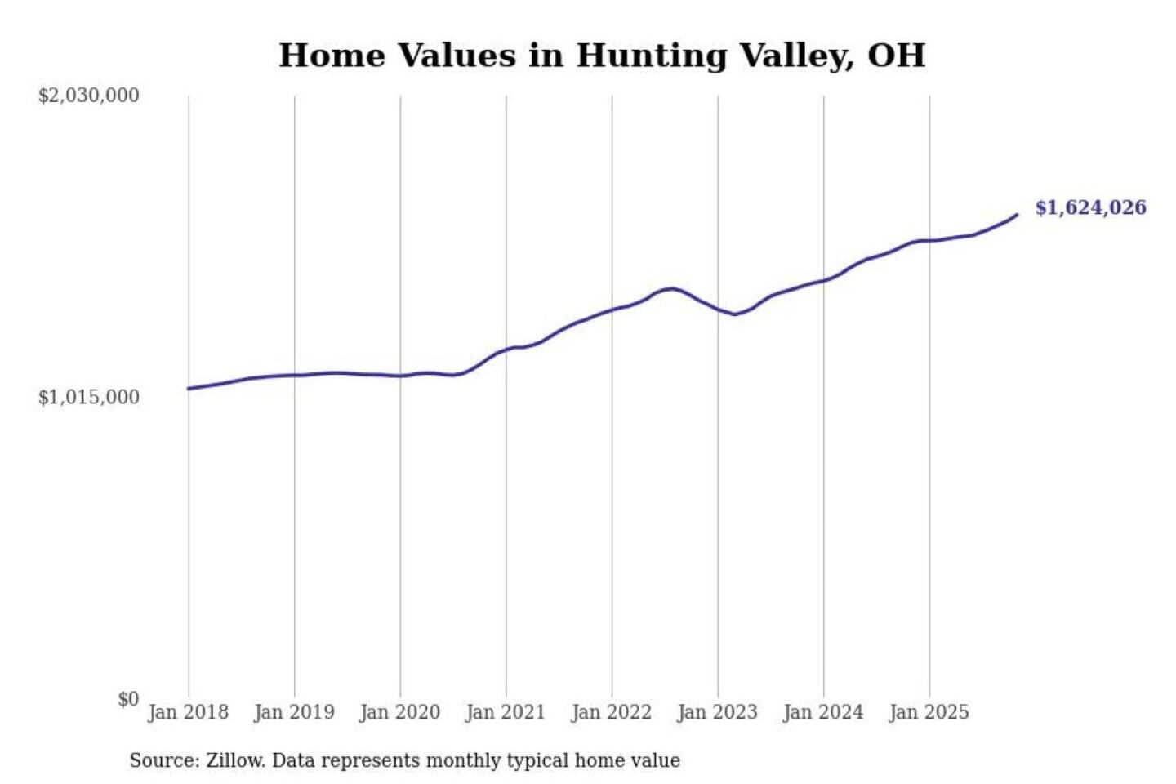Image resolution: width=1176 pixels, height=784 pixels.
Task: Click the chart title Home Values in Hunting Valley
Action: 602,56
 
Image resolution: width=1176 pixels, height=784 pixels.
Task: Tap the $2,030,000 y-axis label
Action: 88,96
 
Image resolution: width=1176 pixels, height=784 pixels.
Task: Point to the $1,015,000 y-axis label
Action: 88,398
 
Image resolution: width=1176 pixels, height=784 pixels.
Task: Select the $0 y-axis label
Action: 128,699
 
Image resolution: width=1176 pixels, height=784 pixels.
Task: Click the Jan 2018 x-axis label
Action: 188,712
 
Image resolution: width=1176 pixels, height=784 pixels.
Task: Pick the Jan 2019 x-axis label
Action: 294,712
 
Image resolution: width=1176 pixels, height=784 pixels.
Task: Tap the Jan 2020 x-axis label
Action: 399,712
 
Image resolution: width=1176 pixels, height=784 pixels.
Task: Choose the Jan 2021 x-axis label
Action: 505,712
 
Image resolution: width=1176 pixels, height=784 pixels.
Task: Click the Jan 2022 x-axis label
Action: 611,712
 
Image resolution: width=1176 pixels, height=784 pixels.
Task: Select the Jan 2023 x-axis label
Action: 717,712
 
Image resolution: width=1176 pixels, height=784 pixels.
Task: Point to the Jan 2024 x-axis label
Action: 822,712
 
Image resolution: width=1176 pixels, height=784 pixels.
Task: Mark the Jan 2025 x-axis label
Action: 929,712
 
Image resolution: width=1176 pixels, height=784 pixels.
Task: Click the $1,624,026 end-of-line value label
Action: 1090,207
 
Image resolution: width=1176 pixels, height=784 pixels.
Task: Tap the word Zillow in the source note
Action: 234,761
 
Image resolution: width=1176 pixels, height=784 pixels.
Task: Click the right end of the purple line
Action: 1017,215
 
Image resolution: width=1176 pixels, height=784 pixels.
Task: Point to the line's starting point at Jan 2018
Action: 189,389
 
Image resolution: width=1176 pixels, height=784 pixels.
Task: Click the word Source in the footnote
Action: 163,761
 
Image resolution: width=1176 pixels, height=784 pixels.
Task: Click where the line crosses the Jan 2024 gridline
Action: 823,280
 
